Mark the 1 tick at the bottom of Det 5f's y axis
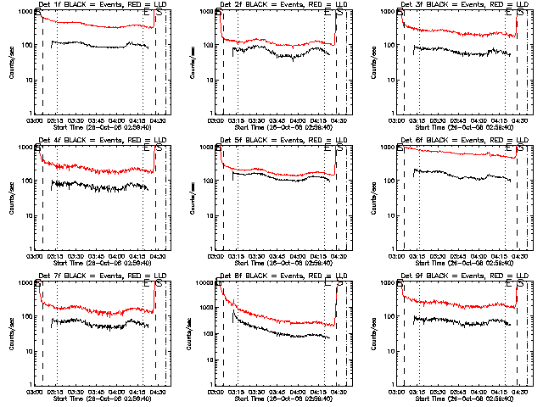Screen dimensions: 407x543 click(x=212, y=248)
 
